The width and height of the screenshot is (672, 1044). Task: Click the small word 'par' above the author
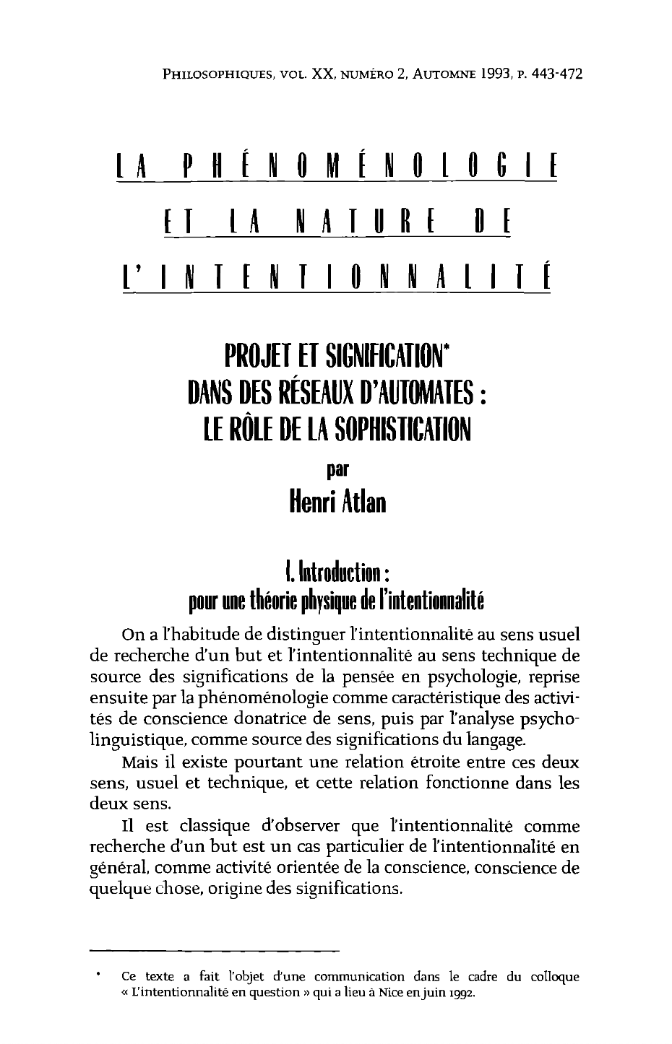337,467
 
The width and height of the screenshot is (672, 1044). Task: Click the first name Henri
310,500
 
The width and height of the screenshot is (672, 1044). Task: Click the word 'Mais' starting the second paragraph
140,762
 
